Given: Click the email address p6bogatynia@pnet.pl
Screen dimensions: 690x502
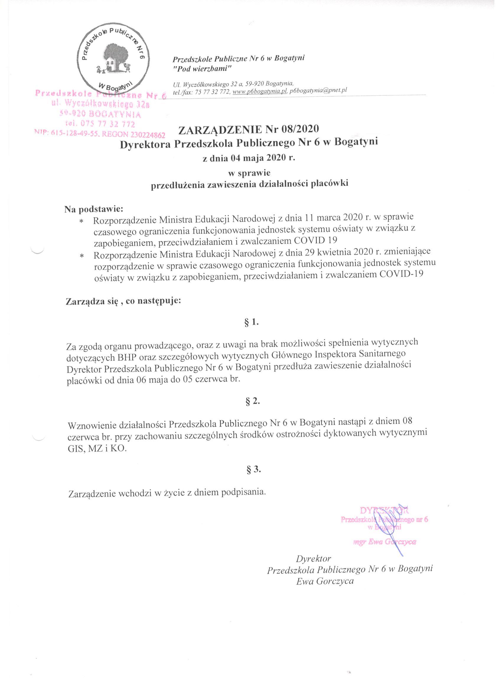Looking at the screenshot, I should coord(318,90).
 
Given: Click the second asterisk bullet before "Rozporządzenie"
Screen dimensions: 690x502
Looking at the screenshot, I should coord(82,256).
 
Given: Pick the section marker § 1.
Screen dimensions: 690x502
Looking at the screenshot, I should coord(252,323).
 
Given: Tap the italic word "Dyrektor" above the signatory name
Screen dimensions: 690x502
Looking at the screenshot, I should coord(313,558).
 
